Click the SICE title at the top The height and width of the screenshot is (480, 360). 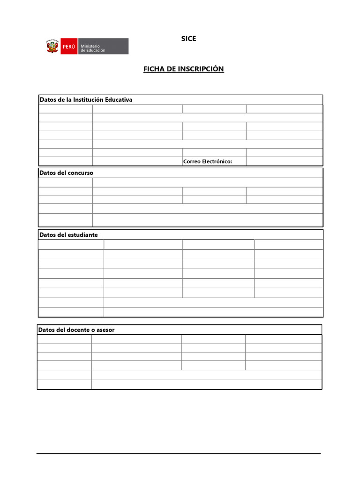coord(188,39)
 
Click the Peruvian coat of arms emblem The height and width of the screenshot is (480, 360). coord(52,46)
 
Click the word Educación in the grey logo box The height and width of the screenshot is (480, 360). coord(96,50)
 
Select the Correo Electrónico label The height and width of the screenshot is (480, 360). coord(208,162)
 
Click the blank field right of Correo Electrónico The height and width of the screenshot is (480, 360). coord(284,162)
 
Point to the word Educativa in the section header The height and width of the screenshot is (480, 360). coord(119,100)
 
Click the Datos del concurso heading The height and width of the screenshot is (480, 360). coord(67,173)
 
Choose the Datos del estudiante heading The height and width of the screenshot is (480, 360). coord(68,235)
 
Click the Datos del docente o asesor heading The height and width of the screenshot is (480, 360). coord(77,330)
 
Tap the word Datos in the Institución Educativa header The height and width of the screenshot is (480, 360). coord(48,100)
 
